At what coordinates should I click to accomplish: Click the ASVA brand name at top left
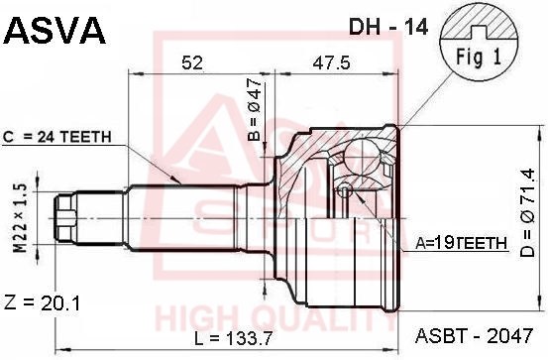click(55, 30)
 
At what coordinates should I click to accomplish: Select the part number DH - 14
click(388, 27)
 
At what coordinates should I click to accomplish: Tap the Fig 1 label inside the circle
click(478, 58)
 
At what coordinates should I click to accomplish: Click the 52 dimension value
click(192, 62)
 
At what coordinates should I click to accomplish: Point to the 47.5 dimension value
click(331, 62)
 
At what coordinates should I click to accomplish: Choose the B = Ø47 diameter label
click(255, 109)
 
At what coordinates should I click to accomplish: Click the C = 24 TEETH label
click(56, 137)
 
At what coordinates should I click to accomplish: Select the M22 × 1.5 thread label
click(20, 218)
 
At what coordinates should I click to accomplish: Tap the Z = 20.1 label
click(42, 302)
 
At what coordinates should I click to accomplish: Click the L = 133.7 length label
click(233, 338)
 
